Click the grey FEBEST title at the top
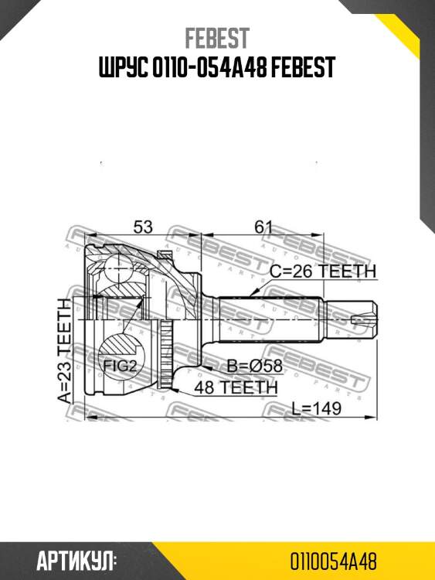[217, 38]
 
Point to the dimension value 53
[142, 227]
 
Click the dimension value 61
[264, 227]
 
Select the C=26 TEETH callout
[322, 271]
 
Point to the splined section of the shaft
[270, 319]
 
